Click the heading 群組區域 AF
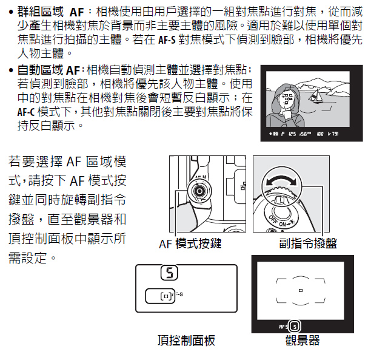(x=50, y=12)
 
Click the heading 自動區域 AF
(x=49, y=70)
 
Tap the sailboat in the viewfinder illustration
(x=315, y=96)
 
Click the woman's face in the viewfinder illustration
(x=286, y=100)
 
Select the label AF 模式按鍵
(x=190, y=243)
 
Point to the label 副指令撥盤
(x=308, y=243)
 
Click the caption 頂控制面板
(x=186, y=340)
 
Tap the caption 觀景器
(x=303, y=340)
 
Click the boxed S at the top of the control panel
(x=169, y=273)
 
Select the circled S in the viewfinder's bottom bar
(x=295, y=327)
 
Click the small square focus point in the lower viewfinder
(x=301, y=291)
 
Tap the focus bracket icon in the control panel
(x=166, y=296)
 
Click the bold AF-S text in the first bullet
(x=167, y=40)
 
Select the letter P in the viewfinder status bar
(x=283, y=134)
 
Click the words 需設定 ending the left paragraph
(x=28, y=258)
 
